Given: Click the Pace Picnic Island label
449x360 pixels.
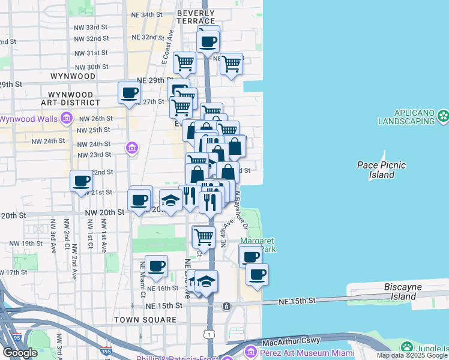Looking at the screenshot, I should pyautogui.click(x=381, y=170).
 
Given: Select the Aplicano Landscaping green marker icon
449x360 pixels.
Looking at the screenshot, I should pyautogui.click(x=444, y=114).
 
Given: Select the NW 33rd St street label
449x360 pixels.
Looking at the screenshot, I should pyautogui.click(x=92, y=28).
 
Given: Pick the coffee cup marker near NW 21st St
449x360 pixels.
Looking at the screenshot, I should pyautogui.click(x=81, y=181).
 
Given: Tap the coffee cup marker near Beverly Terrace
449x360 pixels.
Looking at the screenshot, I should pyautogui.click(x=208, y=41).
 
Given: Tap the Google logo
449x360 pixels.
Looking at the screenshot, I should pyautogui.click(x=20, y=353).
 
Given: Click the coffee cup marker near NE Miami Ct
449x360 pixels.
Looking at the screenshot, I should pyautogui.click(x=157, y=265).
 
